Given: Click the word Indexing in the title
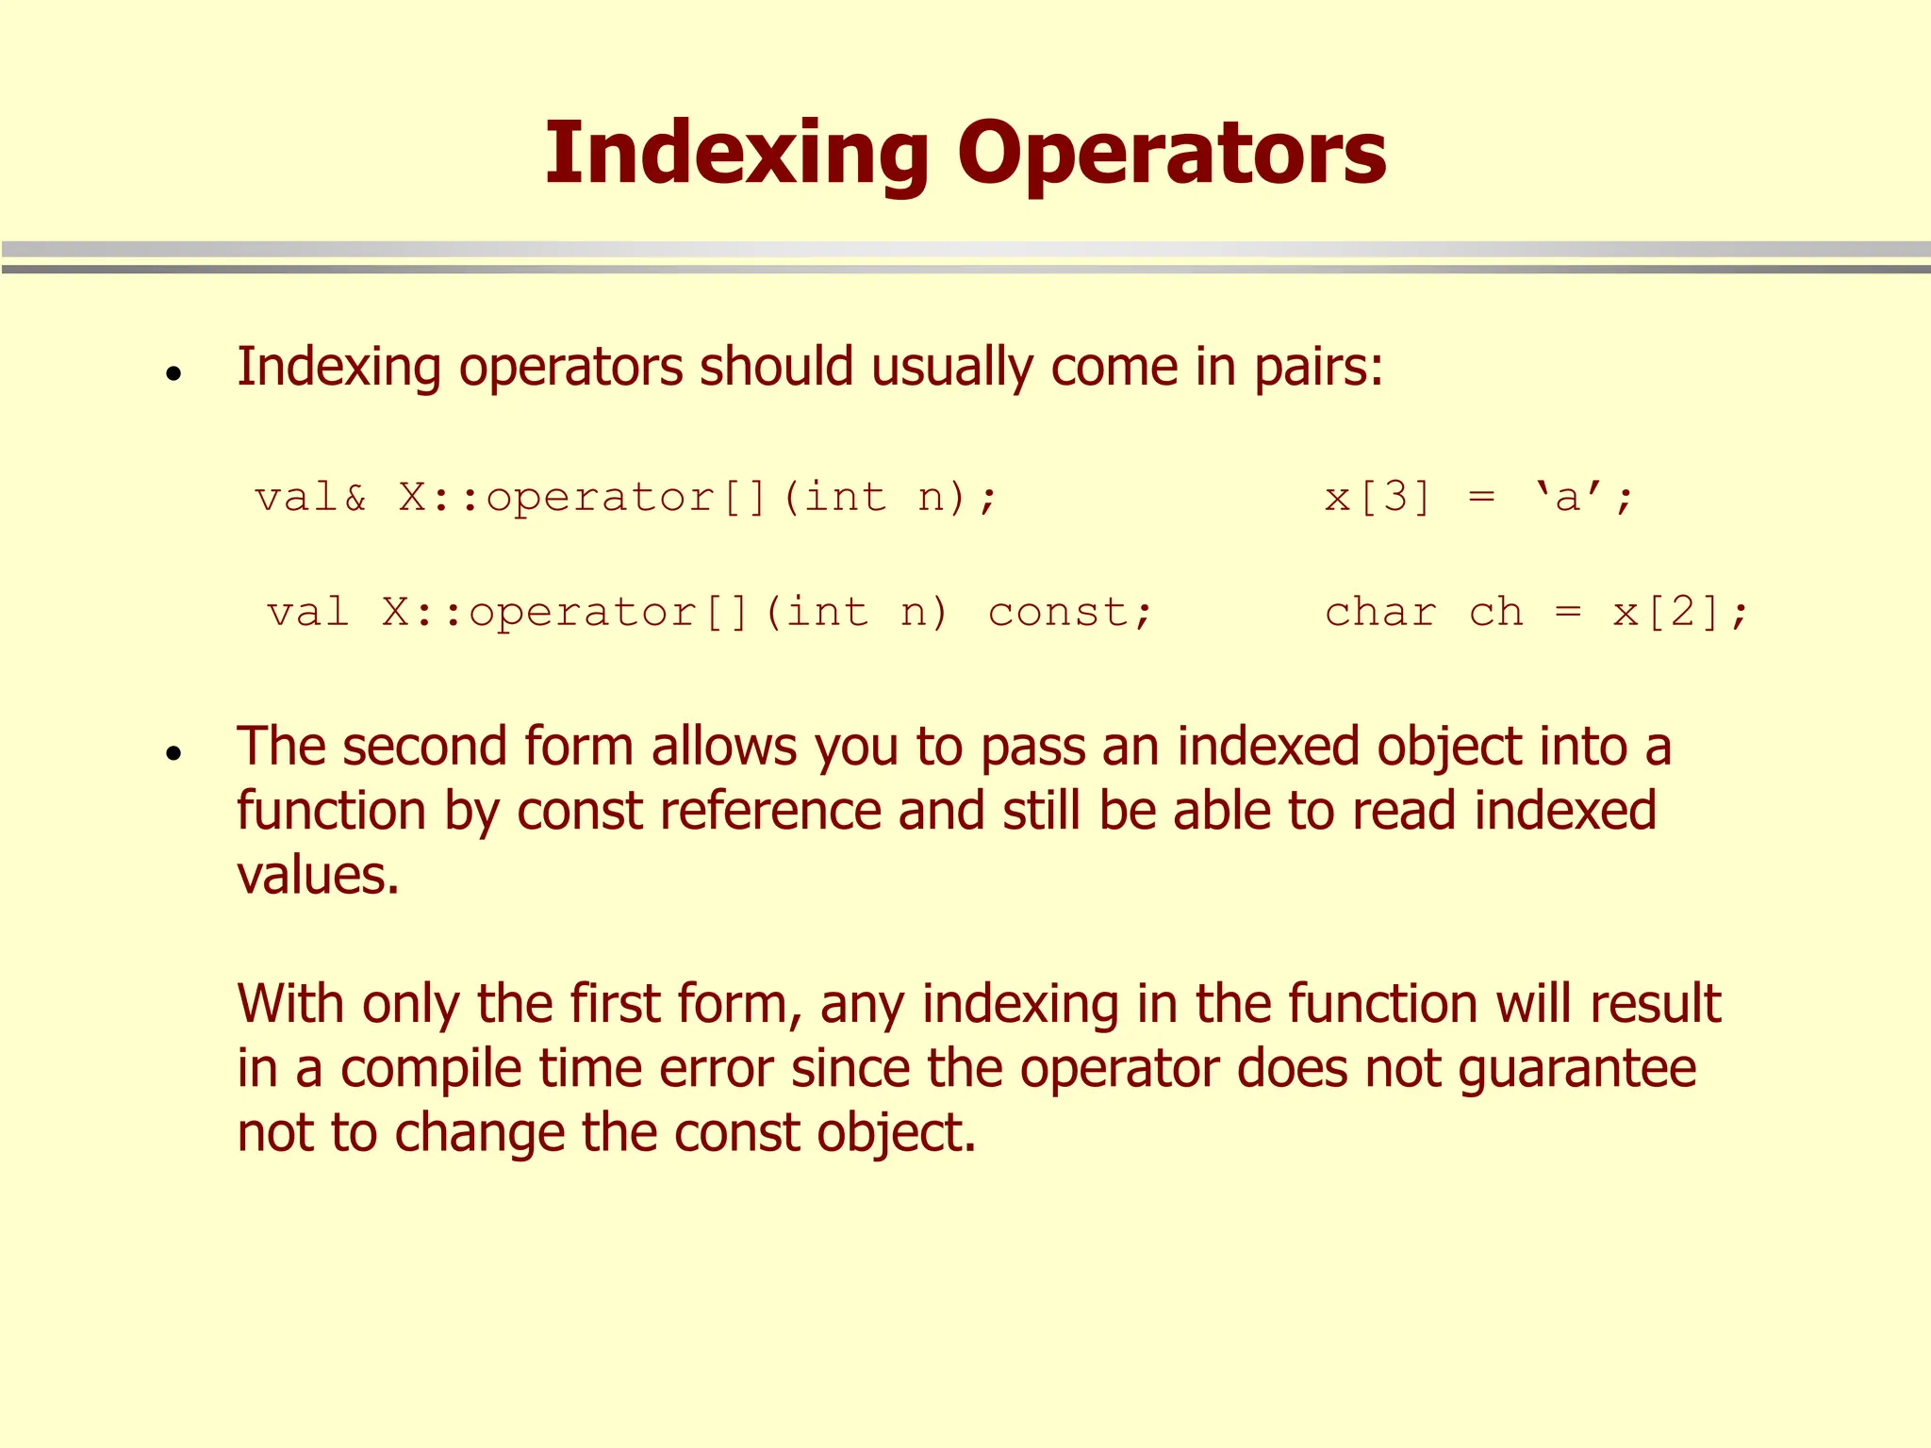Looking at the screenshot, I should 736,154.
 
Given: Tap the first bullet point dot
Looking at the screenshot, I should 173,374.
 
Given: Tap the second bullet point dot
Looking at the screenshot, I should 173,753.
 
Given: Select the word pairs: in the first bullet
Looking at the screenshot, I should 1318,367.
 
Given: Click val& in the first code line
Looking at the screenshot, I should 310,497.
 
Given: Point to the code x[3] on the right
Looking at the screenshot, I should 1378,497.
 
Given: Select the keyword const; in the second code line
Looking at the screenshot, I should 1070,613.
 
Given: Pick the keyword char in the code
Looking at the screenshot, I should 1380,613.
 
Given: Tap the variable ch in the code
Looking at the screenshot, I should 1496,613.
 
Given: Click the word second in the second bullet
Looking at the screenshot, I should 424,746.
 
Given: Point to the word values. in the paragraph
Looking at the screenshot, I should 319,875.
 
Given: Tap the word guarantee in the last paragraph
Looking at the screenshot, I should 1576,1069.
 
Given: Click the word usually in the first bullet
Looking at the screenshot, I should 952,367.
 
